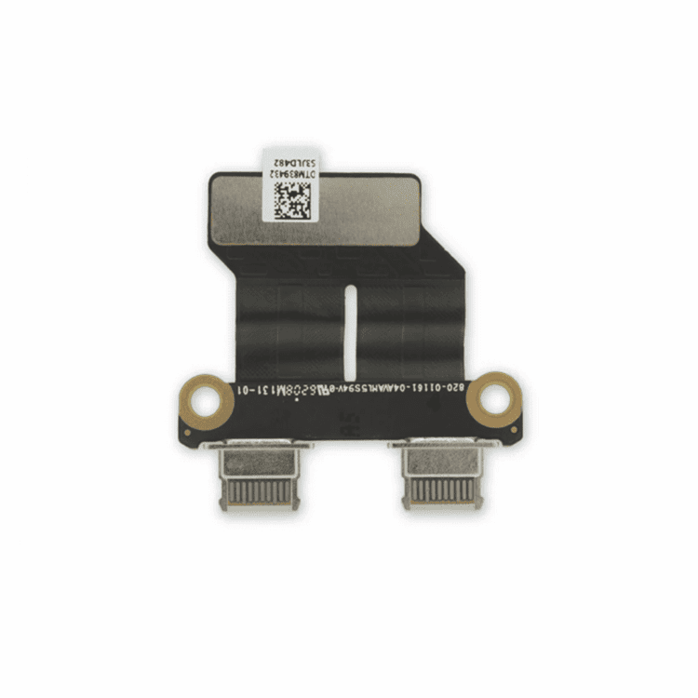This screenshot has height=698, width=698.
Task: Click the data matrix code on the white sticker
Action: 292,199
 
